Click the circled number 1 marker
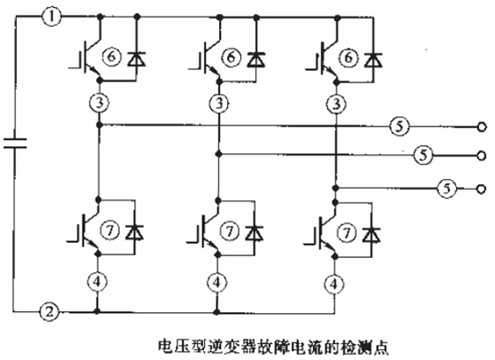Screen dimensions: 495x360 51,17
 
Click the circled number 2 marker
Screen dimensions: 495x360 50,312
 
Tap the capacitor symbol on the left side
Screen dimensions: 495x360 15,143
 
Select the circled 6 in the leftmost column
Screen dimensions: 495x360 111,57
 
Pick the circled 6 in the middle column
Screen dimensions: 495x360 231,57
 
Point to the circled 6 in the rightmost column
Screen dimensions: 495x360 349,57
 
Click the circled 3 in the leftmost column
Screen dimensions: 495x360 99,103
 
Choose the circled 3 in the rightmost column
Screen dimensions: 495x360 336,104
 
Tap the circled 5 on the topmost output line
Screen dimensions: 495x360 399,126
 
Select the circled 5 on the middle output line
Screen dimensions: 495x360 423,155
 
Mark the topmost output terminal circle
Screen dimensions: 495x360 482,127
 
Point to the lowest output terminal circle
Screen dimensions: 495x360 481,189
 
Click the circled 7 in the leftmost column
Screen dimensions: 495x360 109,231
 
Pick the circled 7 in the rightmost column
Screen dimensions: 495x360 347,233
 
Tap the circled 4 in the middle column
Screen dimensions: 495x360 216,282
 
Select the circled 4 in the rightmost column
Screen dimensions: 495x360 334,284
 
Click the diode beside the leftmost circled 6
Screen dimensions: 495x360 137,59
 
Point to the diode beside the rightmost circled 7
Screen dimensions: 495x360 371,234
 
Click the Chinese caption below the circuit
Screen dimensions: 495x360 273,347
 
